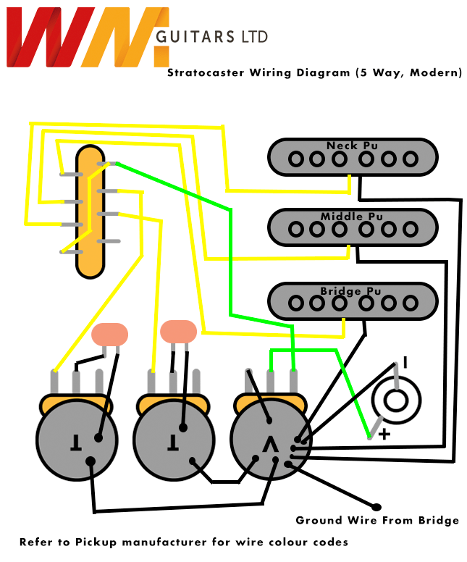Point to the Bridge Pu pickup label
[350, 291]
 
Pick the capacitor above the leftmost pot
[110, 335]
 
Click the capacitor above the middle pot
[178, 332]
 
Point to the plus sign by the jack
[385, 435]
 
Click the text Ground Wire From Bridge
[377, 520]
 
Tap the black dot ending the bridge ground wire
[376, 506]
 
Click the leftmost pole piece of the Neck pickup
[295, 159]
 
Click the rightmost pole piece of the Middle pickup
[411, 229]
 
